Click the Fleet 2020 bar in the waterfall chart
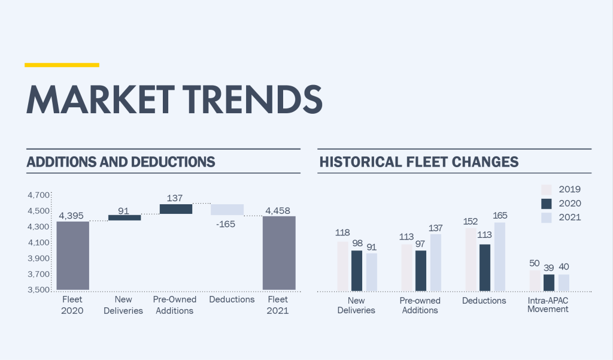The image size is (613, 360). coord(73,256)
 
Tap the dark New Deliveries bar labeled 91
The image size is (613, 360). coord(125,217)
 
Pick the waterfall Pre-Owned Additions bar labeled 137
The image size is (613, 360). coord(176,209)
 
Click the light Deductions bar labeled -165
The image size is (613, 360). coord(227,210)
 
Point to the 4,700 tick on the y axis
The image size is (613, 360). coord(38,195)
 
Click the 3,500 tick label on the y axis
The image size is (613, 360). coord(38,290)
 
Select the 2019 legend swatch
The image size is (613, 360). coord(546,189)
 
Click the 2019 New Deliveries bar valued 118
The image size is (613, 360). coord(342,267)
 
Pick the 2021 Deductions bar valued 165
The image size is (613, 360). coord(499,257)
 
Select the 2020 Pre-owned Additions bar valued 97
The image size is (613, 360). coord(421,271)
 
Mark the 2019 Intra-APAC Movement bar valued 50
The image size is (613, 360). coord(535,281)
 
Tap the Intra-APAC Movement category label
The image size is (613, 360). coord(548,305)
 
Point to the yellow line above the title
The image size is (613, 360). coord(62,65)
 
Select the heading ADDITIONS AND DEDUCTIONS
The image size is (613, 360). coord(121,162)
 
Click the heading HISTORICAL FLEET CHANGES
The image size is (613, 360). coord(419,162)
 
